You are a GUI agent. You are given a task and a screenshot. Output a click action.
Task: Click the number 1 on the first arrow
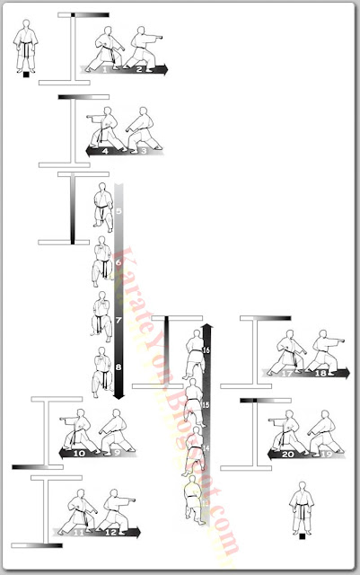click(106, 68)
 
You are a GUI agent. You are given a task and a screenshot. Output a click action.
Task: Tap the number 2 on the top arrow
click(140, 68)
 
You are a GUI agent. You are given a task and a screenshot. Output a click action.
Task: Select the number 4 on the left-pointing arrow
click(106, 152)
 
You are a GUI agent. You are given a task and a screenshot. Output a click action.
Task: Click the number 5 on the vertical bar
click(118, 215)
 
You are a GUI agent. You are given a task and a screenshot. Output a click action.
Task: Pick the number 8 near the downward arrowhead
click(118, 367)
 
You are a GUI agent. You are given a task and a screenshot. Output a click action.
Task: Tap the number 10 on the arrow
click(79, 455)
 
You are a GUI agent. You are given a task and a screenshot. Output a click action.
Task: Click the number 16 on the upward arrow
click(206, 349)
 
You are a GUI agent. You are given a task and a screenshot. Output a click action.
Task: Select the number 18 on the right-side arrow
click(320, 373)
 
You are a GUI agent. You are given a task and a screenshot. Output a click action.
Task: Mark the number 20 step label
click(287, 455)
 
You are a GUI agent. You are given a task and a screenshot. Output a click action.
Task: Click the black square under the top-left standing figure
click(26, 75)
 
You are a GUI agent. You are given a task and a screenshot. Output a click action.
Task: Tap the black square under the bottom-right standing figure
click(302, 536)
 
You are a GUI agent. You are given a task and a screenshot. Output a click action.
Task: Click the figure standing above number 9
click(113, 429)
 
